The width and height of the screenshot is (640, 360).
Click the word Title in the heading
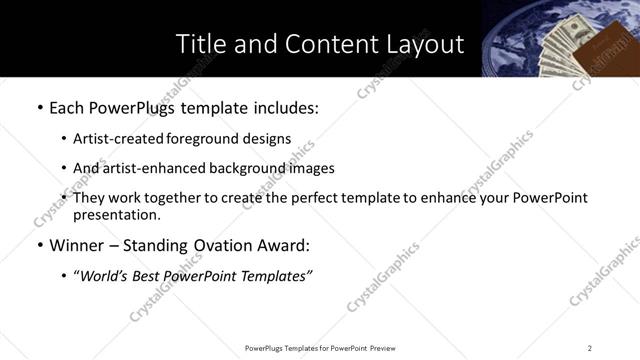[199, 45]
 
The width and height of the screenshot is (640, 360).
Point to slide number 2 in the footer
[589, 347]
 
